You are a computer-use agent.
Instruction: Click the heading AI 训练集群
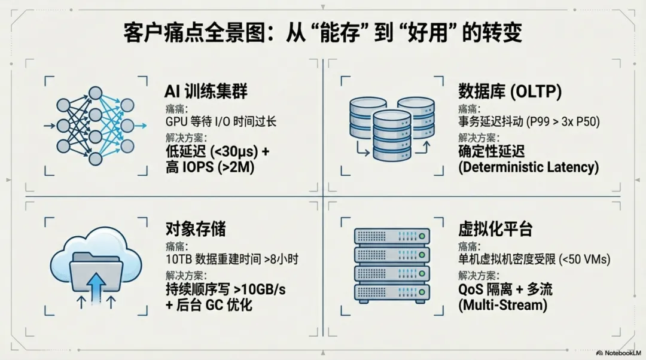pyautogui.click(x=206, y=91)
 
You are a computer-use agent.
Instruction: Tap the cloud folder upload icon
pyautogui.click(x=96, y=269)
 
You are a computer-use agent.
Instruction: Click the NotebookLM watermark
pyautogui.click(x=617, y=353)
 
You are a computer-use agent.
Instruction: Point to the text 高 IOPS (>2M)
pyautogui.click(x=210, y=168)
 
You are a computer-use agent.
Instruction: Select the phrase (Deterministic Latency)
pyautogui.click(x=528, y=167)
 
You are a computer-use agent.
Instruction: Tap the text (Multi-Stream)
pyautogui.click(x=502, y=305)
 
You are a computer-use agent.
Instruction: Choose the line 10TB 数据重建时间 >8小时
pyautogui.click(x=231, y=260)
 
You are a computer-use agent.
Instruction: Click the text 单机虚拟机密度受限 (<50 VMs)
pyautogui.click(x=534, y=260)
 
